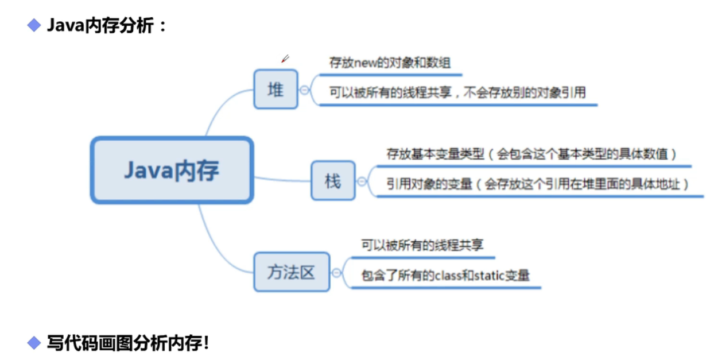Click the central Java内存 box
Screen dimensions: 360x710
click(172, 170)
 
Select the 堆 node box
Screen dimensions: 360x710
click(276, 89)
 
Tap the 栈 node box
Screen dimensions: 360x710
click(333, 181)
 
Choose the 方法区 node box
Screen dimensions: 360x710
click(292, 272)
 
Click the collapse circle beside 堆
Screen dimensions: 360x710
click(304, 90)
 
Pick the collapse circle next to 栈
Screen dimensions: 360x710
click(362, 181)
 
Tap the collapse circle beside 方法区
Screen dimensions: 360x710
click(336, 272)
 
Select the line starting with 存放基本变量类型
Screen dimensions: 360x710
click(532, 154)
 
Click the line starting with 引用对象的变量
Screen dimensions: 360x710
click(537, 184)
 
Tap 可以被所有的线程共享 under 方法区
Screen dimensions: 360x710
click(422, 245)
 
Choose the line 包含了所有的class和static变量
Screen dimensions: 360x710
click(445, 276)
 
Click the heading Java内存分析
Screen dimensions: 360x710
click(107, 25)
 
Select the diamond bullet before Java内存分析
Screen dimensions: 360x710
click(34, 25)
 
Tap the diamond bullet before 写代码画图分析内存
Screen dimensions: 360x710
click(34, 343)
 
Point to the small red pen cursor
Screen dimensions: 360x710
click(285, 59)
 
